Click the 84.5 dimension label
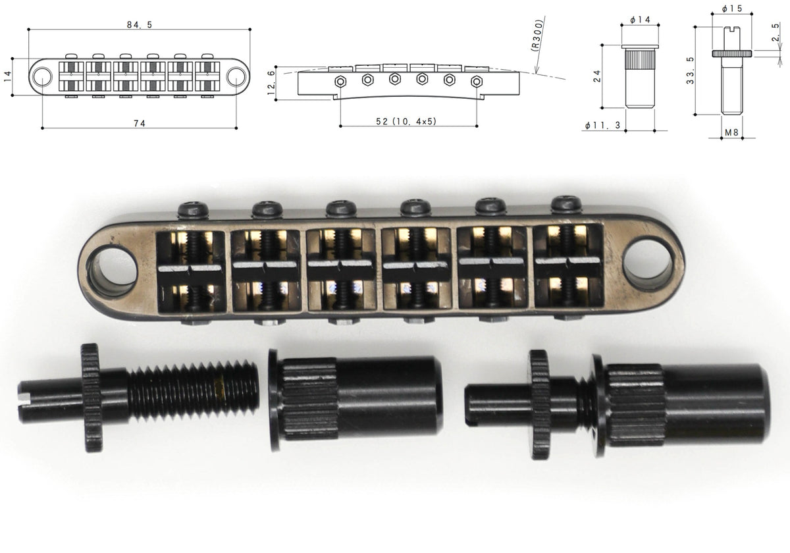pyautogui.click(x=140, y=25)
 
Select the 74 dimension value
pyautogui.click(x=140, y=123)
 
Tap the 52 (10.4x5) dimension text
pyautogui.click(x=406, y=121)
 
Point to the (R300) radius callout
pyautogui.click(x=537, y=36)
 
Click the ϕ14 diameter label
pyautogui.click(x=640, y=20)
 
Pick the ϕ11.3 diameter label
pyautogui.click(x=602, y=125)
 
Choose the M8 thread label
pyautogui.click(x=731, y=132)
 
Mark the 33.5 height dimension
pyautogui.click(x=690, y=70)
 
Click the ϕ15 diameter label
pyautogui.click(x=731, y=9)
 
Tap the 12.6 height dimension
pyautogui.click(x=271, y=83)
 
